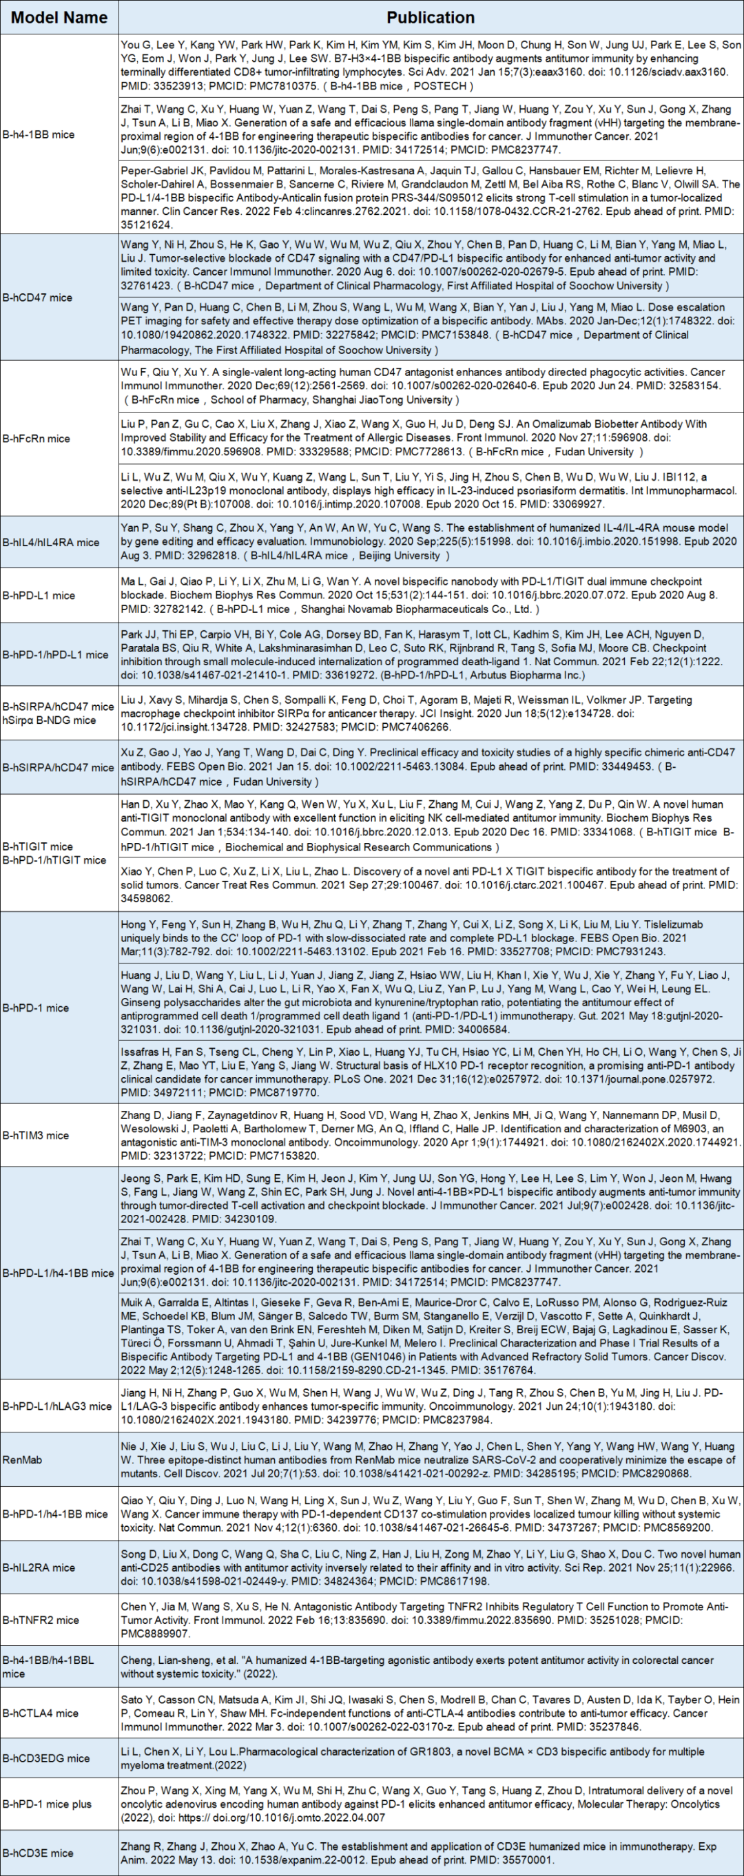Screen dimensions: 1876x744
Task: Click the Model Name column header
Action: click(59, 17)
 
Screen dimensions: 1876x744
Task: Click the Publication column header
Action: click(430, 17)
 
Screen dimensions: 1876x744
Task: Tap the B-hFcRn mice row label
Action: click(37, 439)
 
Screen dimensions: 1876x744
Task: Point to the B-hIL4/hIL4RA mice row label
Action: click(51, 542)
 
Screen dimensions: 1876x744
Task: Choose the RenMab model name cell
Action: click(23, 1459)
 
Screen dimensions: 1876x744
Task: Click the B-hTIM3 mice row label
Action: click(36, 1136)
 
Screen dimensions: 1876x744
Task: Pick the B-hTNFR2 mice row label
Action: click(41, 1620)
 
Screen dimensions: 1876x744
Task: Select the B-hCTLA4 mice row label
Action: click(41, 1713)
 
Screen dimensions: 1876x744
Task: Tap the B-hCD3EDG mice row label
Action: click(46, 1758)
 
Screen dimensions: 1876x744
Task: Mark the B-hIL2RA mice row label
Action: click(39, 1567)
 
